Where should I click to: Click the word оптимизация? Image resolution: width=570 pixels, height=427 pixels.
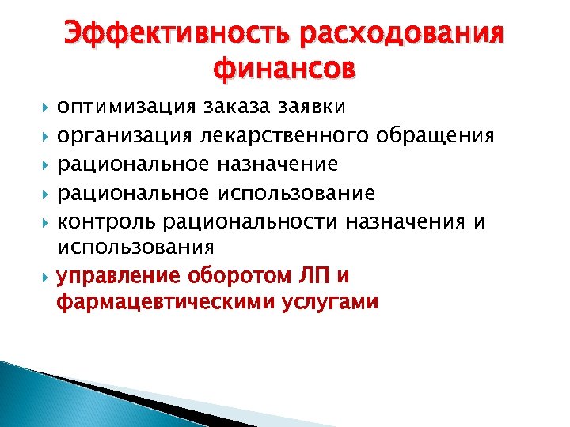coord(125,106)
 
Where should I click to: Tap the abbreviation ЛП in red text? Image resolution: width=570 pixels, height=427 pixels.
coord(314,277)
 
